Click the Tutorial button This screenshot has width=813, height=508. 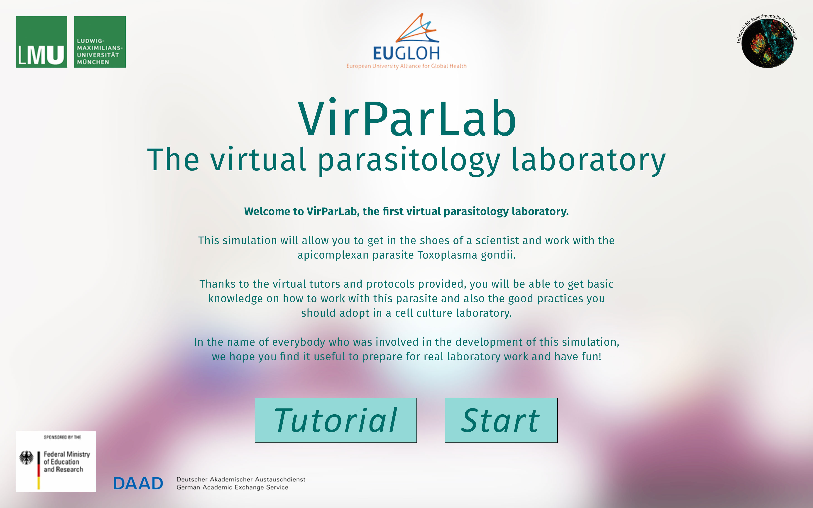336,420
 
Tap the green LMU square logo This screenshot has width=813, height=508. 42,42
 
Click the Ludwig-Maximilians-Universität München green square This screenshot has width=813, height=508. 100,42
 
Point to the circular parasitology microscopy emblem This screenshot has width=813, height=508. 767,42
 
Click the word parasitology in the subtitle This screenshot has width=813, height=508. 409,161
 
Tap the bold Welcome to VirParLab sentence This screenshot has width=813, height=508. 406,211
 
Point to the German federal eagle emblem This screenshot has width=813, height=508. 27,458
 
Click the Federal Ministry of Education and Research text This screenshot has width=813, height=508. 66,462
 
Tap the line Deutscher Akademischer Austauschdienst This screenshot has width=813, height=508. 241,479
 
